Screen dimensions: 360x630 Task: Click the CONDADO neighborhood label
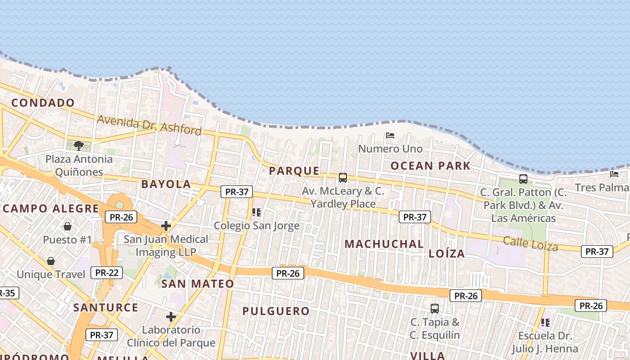[x=43, y=103]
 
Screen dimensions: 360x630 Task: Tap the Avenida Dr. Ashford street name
[x=149, y=125]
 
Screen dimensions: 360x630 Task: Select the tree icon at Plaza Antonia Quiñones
[x=79, y=145]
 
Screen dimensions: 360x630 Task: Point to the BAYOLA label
[x=166, y=184]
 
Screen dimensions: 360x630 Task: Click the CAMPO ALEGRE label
[x=50, y=209]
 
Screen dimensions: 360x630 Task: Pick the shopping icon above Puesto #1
[x=67, y=226]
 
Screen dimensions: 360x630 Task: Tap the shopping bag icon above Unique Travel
[x=51, y=261]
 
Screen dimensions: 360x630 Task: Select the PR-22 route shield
[x=106, y=272]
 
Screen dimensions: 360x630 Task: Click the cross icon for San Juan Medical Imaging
[x=166, y=225]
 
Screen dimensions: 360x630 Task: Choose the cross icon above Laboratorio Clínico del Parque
[x=171, y=317]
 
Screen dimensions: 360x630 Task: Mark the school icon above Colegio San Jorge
[x=256, y=212]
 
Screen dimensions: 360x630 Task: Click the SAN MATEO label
[x=198, y=283]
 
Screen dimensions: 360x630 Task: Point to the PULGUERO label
[x=276, y=311]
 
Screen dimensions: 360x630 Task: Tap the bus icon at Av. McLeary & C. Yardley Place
[x=343, y=178]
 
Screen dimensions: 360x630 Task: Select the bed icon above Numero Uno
[x=390, y=135]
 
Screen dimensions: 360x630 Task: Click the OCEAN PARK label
[x=430, y=166]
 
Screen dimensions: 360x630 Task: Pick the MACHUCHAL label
[x=384, y=244]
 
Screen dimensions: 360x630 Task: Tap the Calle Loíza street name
[x=531, y=243]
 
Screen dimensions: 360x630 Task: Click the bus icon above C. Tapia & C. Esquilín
[x=435, y=309]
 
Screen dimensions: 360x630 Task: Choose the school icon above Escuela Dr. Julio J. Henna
[x=545, y=322]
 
